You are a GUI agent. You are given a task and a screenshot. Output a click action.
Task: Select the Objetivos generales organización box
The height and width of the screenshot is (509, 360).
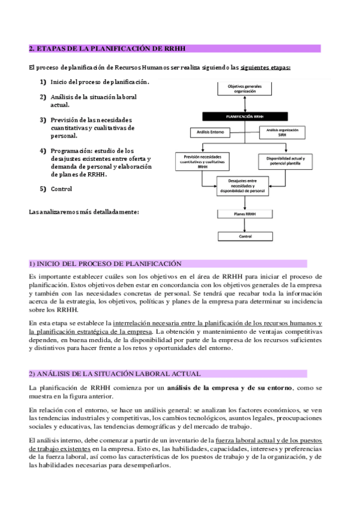pos(245,88)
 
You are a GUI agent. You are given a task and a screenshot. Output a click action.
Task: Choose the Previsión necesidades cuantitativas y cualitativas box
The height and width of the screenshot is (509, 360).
pos(199,161)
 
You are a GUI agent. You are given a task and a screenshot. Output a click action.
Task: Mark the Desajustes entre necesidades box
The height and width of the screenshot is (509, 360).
pos(242,185)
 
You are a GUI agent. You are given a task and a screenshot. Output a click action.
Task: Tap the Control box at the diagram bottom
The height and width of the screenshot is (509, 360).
pos(245,237)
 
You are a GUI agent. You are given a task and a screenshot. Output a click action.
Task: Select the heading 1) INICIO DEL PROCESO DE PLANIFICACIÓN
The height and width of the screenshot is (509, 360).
pos(105,264)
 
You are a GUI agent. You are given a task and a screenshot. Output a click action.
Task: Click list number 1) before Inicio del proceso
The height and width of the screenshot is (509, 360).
pos(43,82)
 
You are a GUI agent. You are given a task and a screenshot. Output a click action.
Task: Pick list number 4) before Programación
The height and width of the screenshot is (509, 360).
pos(43,151)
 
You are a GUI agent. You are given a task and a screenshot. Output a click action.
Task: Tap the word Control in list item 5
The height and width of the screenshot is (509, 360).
pos(62,189)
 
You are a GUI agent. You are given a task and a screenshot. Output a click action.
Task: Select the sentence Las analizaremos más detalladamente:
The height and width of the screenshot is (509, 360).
pos(84,212)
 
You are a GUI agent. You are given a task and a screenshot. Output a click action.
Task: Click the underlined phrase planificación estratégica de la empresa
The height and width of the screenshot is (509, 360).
pos(90,331)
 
